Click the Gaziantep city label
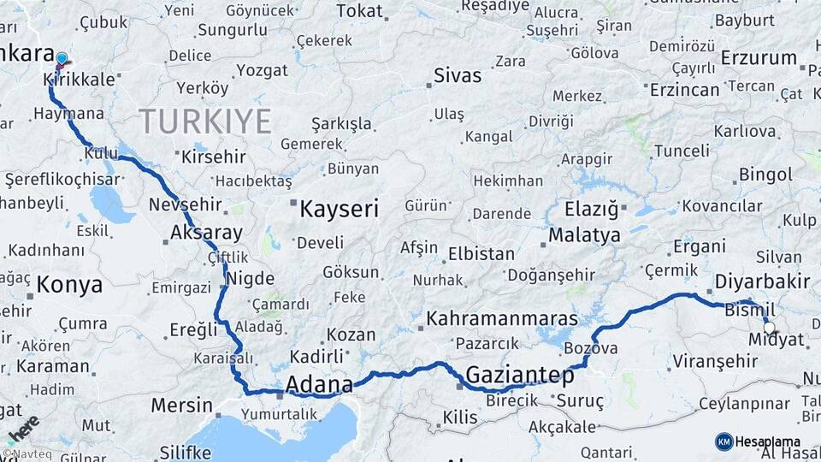[x=520, y=374]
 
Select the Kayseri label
[x=339, y=207]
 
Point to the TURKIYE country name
[x=205, y=121]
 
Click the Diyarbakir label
[x=762, y=281]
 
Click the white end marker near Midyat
[x=769, y=328]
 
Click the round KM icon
[x=724, y=441]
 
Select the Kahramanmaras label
[x=503, y=319]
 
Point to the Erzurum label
[x=759, y=58]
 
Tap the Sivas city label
[x=458, y=74]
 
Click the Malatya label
[x=584, y=234]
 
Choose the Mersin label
[x=181, y=404]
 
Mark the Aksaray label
[x=206, y=232]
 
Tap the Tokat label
[x=359, y=10]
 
